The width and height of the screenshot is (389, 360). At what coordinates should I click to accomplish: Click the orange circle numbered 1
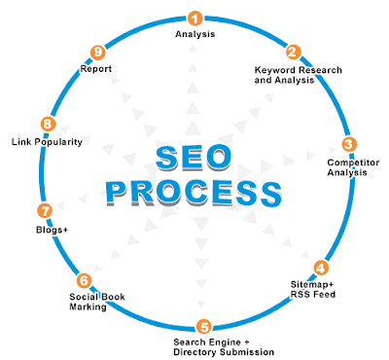[194, 18]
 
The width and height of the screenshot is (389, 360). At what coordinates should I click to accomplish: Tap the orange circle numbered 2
[293, 52]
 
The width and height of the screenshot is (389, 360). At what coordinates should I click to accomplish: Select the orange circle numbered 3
[349, 144]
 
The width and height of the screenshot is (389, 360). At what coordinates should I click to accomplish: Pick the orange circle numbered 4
[321, 268]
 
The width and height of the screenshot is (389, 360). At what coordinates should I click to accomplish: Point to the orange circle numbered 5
[204, 327]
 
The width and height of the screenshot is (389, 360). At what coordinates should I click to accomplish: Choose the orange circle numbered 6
[84, 280]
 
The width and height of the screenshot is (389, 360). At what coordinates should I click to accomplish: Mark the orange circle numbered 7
[45, 211]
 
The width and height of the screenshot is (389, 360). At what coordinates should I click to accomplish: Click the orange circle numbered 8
[48, 124]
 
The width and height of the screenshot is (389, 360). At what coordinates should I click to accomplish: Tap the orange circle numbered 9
[97, 52]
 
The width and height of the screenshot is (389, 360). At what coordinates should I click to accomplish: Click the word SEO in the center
[194, 158]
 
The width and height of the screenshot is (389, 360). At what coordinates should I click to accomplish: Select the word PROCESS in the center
[194, 194]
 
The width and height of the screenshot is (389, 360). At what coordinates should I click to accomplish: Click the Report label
[96, 69]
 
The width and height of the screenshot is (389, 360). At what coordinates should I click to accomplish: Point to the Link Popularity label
[47, 142]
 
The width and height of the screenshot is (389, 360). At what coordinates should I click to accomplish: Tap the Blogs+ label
[52, 230]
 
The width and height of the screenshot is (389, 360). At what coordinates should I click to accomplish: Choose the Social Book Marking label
[97, 302]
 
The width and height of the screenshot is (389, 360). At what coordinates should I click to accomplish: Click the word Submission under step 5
[247, 352]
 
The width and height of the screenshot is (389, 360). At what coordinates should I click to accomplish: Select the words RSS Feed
[313, 295]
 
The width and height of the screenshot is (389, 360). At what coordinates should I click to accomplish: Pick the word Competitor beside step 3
[353, 162]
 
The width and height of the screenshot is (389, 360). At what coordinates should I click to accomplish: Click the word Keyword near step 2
[275, 70]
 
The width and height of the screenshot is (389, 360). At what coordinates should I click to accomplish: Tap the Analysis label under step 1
[195, 34]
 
